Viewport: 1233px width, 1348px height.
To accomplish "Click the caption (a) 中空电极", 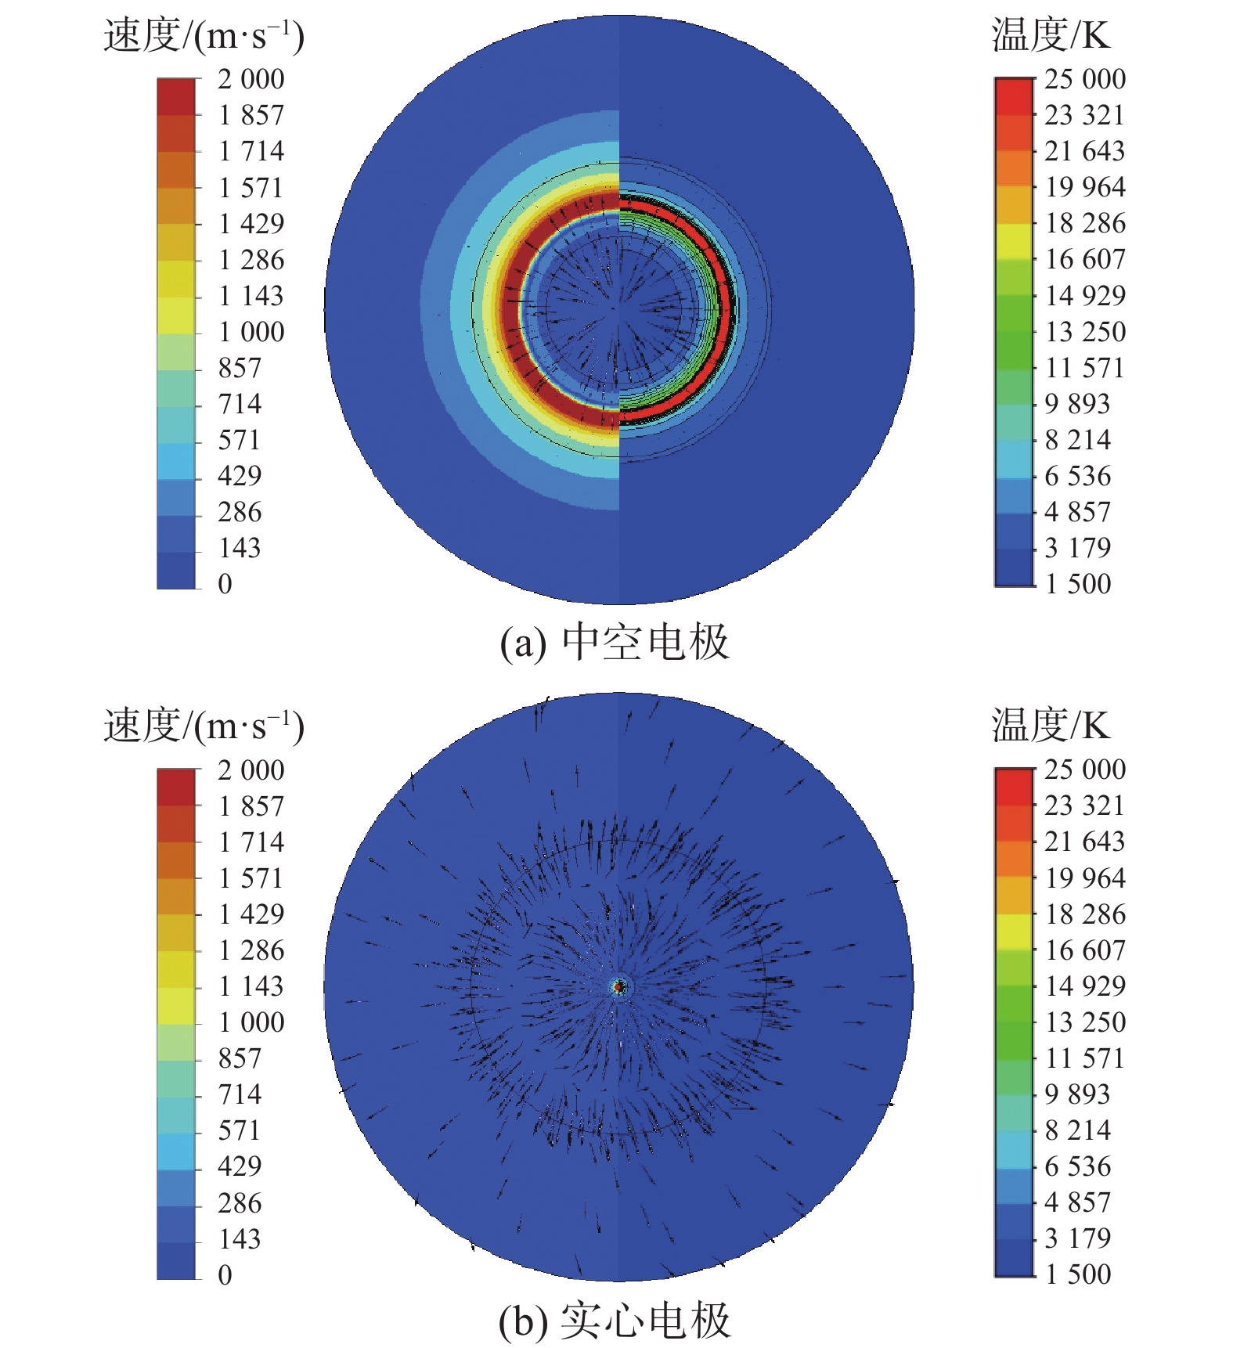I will tap(615, 643).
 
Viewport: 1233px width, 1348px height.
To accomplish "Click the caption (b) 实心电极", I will tap(615, 1321).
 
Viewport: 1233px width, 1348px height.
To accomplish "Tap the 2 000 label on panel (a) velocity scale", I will tap(251, 79).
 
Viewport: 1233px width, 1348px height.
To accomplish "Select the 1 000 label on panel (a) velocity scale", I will tap(251, 332).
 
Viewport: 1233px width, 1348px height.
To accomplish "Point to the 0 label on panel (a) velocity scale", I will tap(225, 584).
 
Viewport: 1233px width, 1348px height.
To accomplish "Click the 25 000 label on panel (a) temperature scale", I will tap(1085, 79).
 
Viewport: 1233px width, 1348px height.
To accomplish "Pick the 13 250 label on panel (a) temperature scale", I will tap(1085, 332).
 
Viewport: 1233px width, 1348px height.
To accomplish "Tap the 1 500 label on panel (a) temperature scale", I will tap(1078, 584).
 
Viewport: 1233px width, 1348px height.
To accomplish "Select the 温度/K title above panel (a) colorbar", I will tap(1051, 35).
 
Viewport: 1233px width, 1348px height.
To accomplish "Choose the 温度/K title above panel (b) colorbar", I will tap(1051, 726).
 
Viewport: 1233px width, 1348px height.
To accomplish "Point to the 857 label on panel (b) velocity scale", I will tap(240, 1058).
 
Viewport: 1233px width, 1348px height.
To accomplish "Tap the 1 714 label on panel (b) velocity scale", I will tap(251, 842).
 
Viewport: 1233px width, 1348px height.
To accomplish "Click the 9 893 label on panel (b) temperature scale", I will tap(1078, 1094).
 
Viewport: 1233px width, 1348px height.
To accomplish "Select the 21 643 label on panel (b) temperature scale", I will tap(1085, 842).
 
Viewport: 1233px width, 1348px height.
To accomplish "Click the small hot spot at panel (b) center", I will tap(619, 987).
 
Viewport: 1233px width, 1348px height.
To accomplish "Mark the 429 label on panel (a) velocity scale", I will tap(240, 476).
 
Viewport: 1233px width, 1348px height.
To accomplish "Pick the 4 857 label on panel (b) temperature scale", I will tap(1078, 1202).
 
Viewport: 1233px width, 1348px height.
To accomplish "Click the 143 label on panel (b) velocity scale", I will tap(240, 1239).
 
